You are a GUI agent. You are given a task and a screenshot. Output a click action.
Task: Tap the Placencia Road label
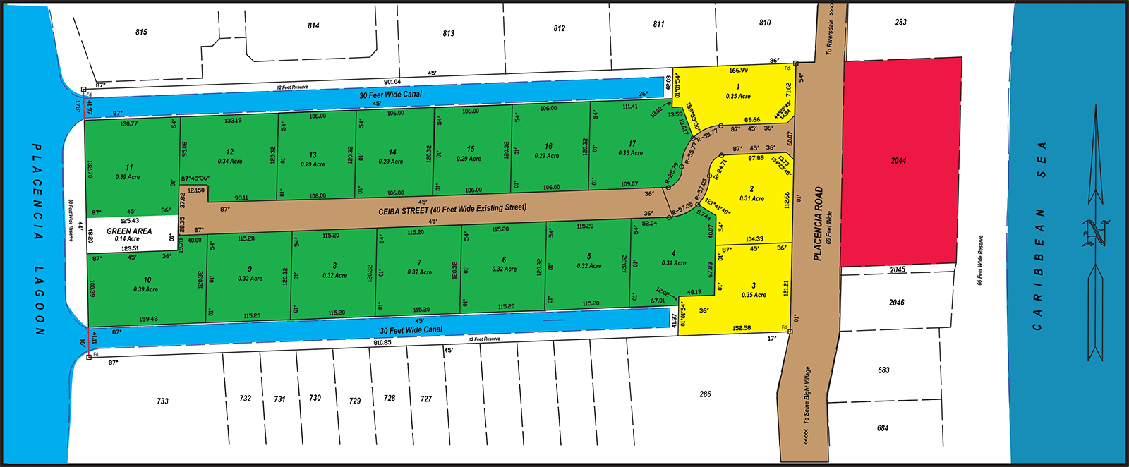click(x=819, y=223)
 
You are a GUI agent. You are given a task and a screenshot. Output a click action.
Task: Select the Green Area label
click(x=129, y=231)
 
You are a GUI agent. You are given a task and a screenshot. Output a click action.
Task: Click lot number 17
click(x=632, y=143)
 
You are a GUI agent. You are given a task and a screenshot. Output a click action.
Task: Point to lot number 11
click(x=129, y=167)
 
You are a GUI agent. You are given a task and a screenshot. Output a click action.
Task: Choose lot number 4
click(x=674, y=253)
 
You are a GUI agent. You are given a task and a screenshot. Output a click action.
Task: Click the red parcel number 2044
click(x=898, y=161)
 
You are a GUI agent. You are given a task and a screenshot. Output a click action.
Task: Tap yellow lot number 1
click(x=738, y=87)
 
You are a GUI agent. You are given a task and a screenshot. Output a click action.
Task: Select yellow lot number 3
click(x=754, y=286)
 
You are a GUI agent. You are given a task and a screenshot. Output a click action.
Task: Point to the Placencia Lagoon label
click(x=38, y=240)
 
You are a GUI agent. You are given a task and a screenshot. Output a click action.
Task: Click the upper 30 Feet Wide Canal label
click(x=390, y=95)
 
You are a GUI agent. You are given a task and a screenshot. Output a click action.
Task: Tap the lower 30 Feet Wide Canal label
click(x=411, y=329)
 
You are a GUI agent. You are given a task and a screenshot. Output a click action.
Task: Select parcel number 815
click(x=141, y=32)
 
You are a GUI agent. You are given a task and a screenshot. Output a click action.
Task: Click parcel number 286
click(x=705, y=394)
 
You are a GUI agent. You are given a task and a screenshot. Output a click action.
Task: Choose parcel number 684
click(x=883, y=427)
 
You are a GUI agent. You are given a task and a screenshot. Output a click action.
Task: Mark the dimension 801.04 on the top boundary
click(x=392, y=82)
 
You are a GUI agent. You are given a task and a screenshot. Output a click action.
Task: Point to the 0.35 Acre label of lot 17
click(x=631, y=153)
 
